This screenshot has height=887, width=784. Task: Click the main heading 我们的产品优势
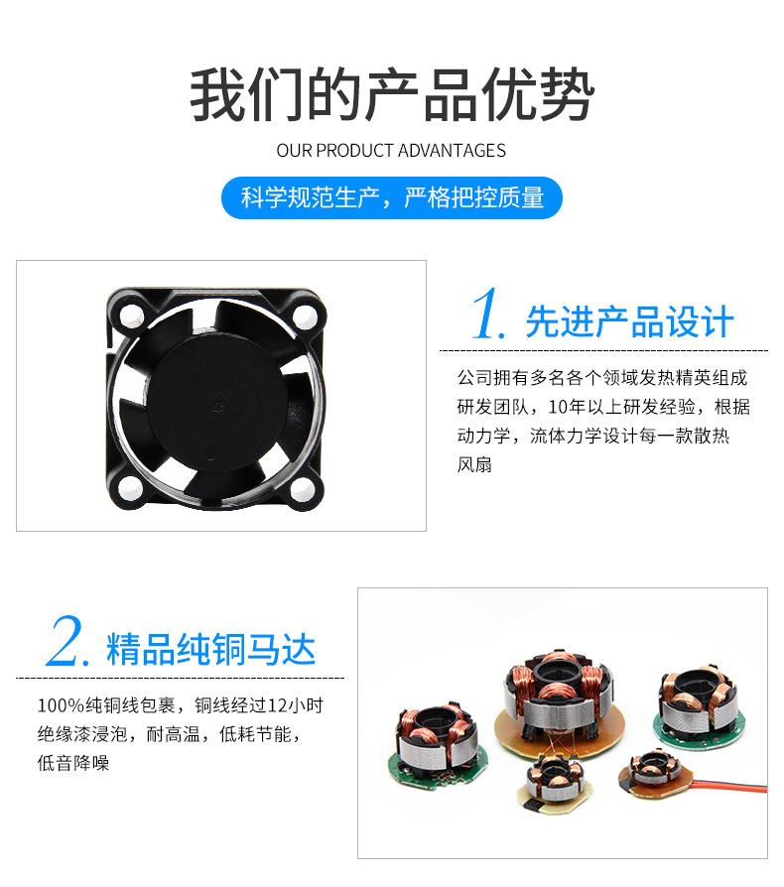coord(391,95)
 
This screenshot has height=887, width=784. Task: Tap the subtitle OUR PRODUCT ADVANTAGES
coord(391,151)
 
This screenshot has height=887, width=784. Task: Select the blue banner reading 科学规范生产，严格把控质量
coord(391,197)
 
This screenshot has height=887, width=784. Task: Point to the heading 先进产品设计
coord(629,321)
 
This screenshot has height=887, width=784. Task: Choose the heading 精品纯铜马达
coord(210,650)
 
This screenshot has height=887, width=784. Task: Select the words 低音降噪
coord(73,763)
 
